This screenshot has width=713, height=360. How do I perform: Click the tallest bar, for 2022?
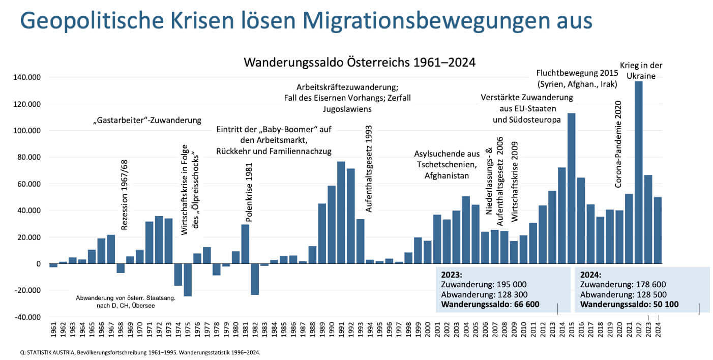coord(638,173)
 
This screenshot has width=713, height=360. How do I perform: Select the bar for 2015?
coord(571,188)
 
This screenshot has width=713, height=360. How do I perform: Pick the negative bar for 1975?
coord(188,280)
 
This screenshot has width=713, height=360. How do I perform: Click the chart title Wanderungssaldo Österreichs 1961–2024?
coord(360,63)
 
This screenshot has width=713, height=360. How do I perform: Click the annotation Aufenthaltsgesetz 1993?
coord(369,168)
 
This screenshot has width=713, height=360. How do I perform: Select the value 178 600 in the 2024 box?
coord(647,285)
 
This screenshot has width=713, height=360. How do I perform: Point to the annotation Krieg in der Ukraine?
coord(641,71)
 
